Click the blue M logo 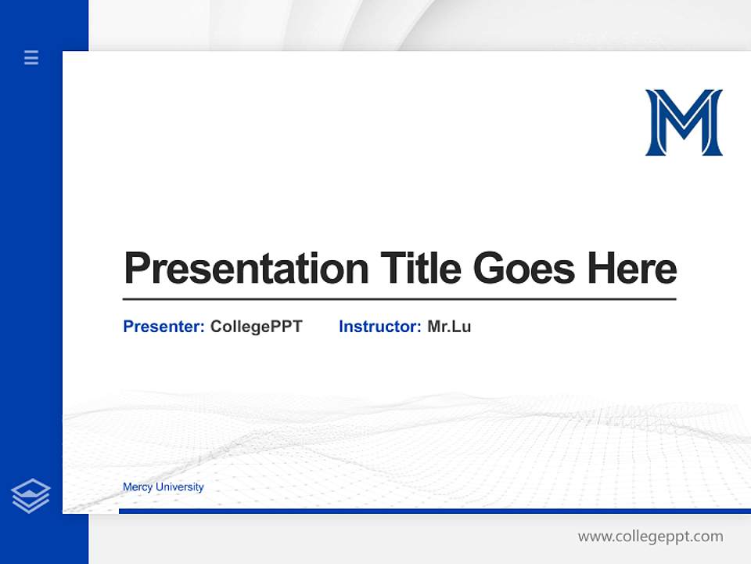coord(684,122)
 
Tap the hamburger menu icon coord(31,57)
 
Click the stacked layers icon coord(31,496)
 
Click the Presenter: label coord(163,327)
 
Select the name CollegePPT coord(256,327)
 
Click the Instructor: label coord(379,327)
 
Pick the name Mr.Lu coord(449,327)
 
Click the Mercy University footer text coord(163,487)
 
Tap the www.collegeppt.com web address coord(650,537)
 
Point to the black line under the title coord(399,298)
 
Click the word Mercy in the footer coord(138,487)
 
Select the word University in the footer coord(180,487)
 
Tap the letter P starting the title coord(137,268)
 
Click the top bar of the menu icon coord(31,52)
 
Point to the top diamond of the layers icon coord(31,488)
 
